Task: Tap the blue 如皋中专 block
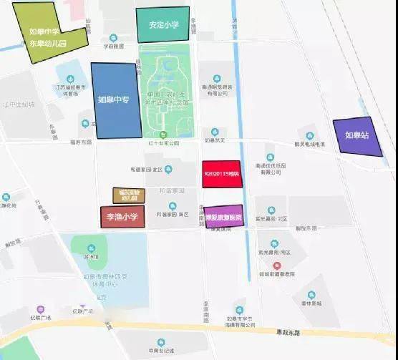[115, 100]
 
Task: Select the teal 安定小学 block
[163, 25]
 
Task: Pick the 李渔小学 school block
[122, 216]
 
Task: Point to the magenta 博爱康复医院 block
[225, 215]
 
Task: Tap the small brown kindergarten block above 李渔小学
[129, 195]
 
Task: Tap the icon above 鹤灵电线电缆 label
[309, 135]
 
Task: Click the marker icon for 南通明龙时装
[216, 77]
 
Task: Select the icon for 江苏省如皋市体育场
[70, 79]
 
